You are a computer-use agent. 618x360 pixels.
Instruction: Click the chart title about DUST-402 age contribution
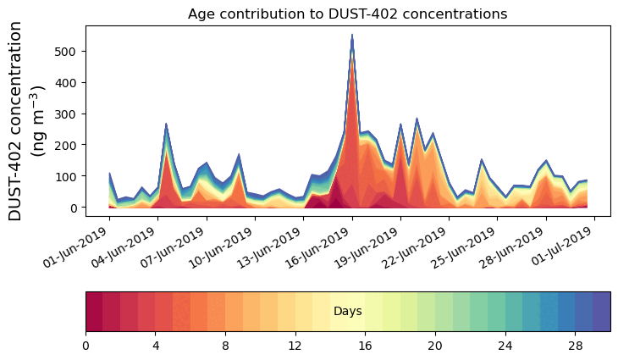347,14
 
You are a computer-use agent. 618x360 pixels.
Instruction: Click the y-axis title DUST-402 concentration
30,122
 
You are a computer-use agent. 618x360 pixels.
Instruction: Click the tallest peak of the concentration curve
352,36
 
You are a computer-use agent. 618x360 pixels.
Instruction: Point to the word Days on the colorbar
348,312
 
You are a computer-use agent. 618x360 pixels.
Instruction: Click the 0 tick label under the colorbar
86,346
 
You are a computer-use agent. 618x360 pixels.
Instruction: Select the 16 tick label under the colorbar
365,346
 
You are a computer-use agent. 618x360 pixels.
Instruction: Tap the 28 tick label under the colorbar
575,346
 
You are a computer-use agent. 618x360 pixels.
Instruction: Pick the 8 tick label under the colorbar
225,346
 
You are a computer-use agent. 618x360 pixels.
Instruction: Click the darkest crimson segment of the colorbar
94,312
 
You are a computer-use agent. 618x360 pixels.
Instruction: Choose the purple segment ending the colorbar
602,312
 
